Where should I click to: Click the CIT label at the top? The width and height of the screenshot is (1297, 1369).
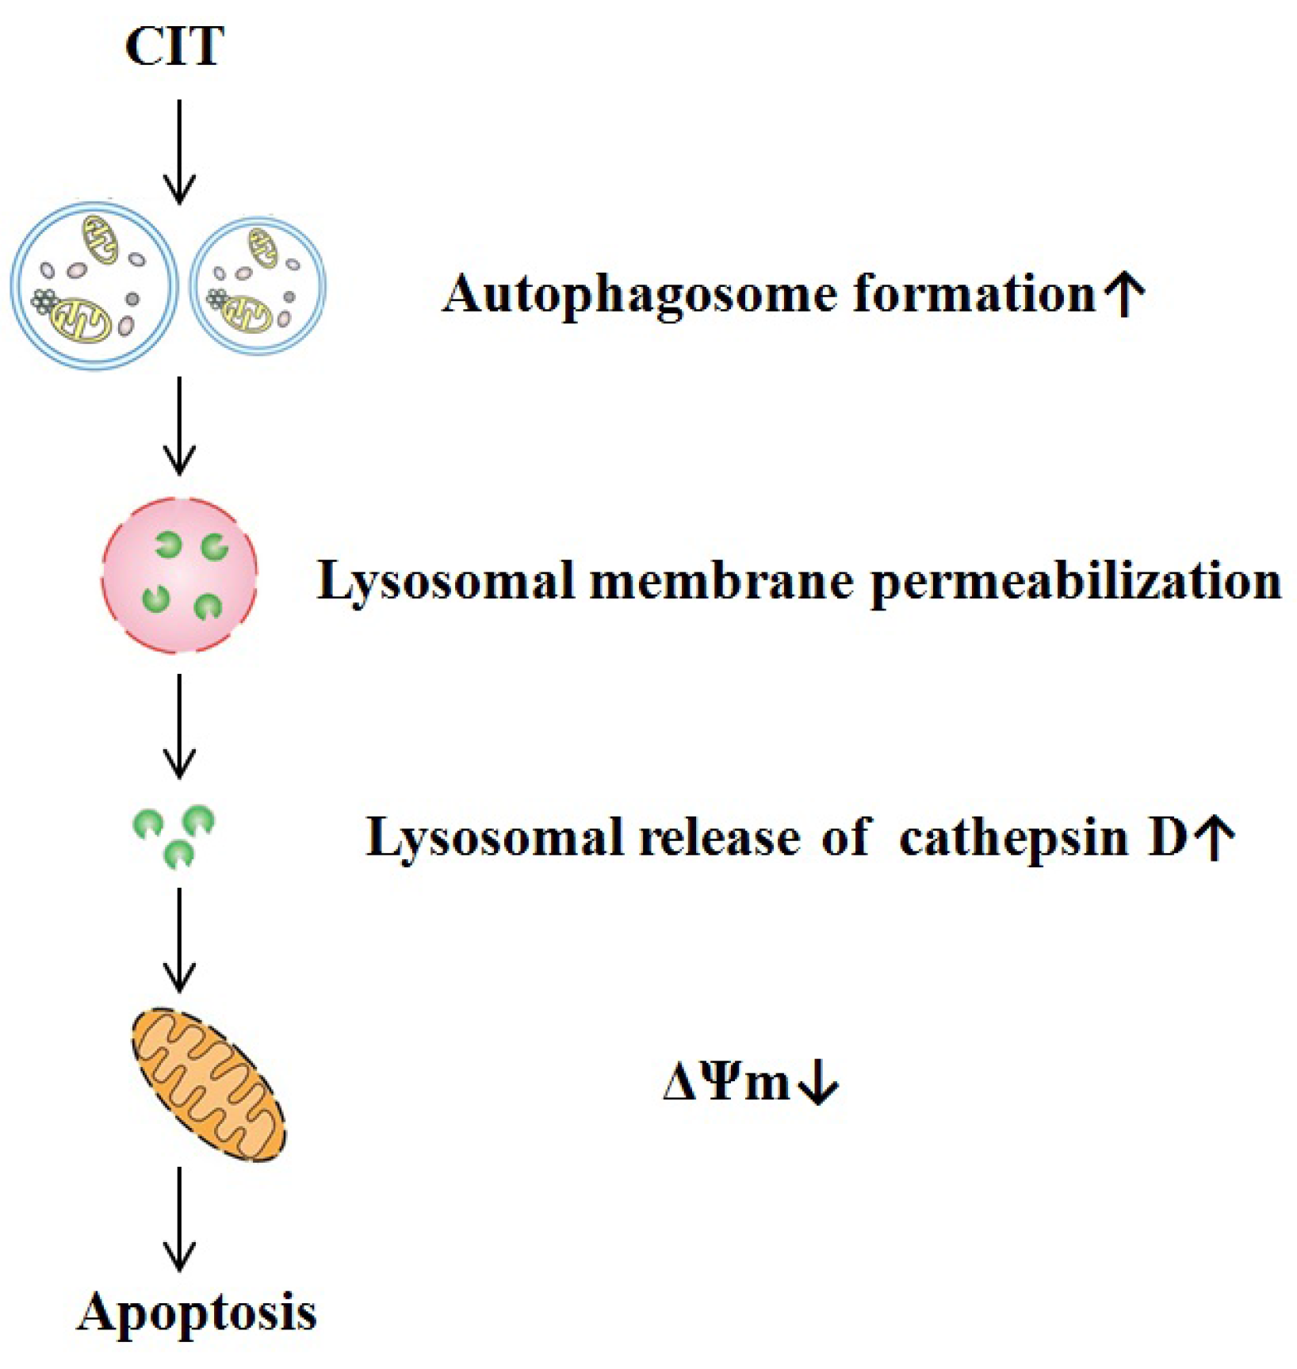pyautogui.click(x=174, y=47)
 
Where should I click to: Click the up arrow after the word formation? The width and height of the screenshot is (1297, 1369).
pyautogui.click(x=1125, y=294)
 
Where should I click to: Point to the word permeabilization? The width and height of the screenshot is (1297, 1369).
pyautogui.click(x=1076, y=583)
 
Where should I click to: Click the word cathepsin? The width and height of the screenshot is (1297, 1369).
pyautogui.click(x=1013, y=837)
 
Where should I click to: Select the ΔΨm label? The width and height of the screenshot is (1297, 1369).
pyautogui.click(x=726, y=1083)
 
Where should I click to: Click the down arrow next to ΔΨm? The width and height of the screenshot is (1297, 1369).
pyautogui.click(x=818, y=1083)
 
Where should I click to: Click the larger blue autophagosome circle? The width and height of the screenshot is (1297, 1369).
pyautogui.click(x=94, y=285)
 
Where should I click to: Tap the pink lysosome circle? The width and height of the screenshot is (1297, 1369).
pyautogui.click(x=179, y=576)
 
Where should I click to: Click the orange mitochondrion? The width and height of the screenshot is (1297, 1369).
pyautogui.click(x=209, y=1084)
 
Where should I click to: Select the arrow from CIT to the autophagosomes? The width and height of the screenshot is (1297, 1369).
pyautogui.click(x=179, y=151)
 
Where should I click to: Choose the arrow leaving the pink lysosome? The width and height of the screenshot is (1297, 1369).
pyautogui.click(x=179, y=725)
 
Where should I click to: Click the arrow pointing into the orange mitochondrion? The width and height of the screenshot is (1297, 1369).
pyautogui.click(x=179, y=939)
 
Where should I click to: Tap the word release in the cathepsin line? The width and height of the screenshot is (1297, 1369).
pyautogui.click(x=720, y=837)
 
